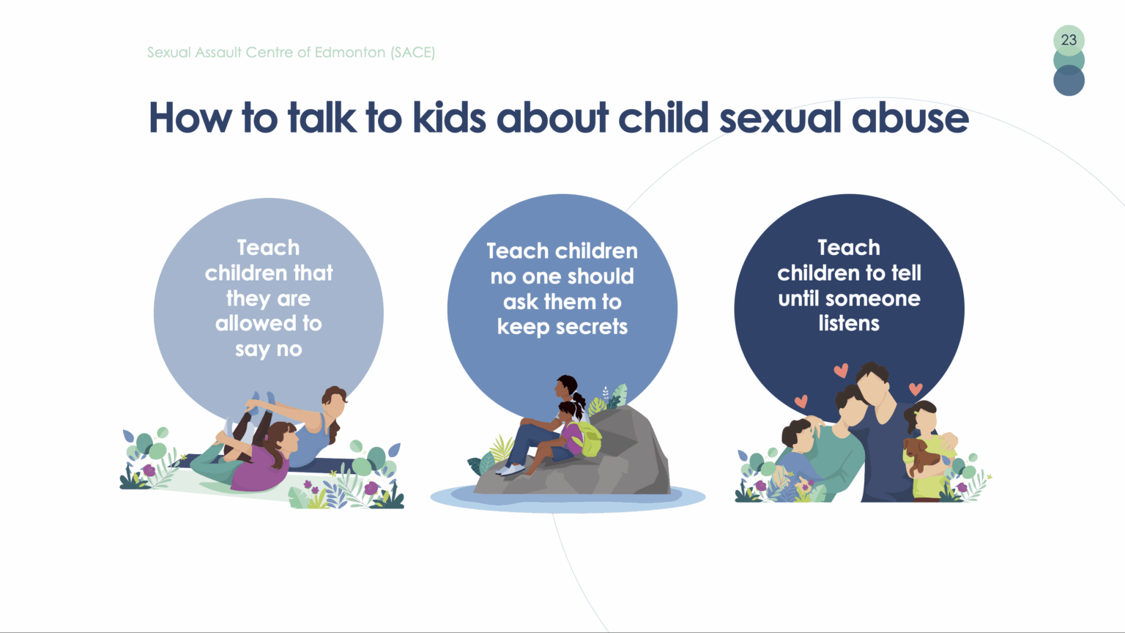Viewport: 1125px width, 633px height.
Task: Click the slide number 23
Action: [x=1069, y=40]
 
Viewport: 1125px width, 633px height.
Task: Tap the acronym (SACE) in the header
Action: [x=413, y=52]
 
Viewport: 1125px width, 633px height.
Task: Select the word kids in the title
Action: [x=449, y=117]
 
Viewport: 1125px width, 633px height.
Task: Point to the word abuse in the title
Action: [x=910, y=118]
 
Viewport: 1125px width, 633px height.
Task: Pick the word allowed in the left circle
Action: [x=256, y=323]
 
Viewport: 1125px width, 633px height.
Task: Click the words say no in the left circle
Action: [x=269, y=349]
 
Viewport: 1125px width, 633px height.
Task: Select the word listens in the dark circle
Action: [x=849, y=323]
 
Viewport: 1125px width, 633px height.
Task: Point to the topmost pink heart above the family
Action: [x=842, y=371]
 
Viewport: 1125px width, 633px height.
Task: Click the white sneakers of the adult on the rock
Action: [x=510, y=470]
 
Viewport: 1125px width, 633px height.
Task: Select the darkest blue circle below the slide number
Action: [x=1069, y=81]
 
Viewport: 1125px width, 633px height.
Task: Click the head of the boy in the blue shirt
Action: [x=798, y=436]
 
